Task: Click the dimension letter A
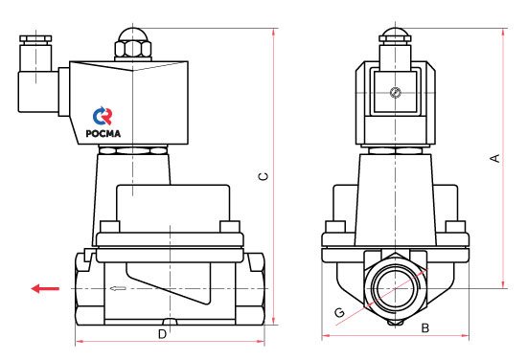coord(495,158)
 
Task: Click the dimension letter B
coord(425,327)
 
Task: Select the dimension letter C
coord(264,176)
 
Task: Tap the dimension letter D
coord(162,334)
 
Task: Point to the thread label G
coord(340,313)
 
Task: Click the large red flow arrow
coord(45,288)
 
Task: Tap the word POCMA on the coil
coord(103,133)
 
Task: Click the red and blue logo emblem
coord(103,116)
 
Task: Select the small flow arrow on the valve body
coord(118,288)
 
